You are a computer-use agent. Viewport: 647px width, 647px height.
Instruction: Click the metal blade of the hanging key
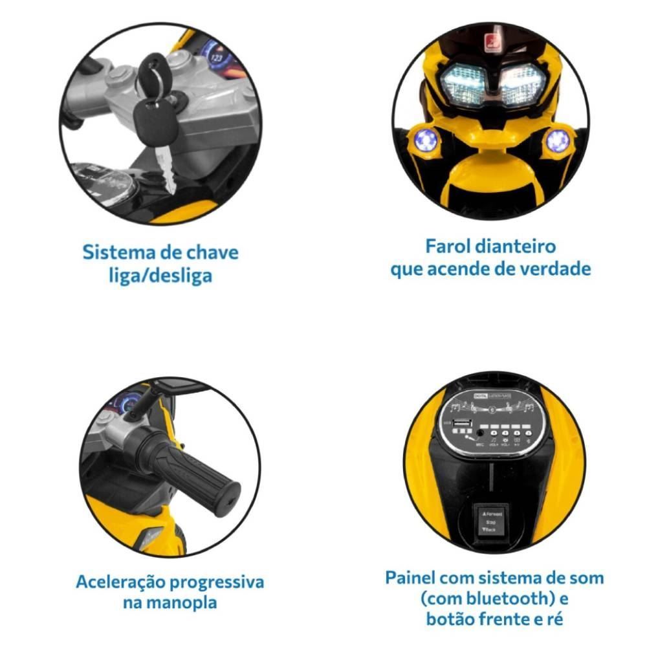coord(166,168)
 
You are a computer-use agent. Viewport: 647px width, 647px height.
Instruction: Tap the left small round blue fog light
coord(426,140)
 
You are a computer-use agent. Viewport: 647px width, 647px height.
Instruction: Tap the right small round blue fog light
coord(557,140)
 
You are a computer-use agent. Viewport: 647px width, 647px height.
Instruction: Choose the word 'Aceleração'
coord(121,582)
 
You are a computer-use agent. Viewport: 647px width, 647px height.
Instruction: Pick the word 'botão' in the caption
coord(453,619)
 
